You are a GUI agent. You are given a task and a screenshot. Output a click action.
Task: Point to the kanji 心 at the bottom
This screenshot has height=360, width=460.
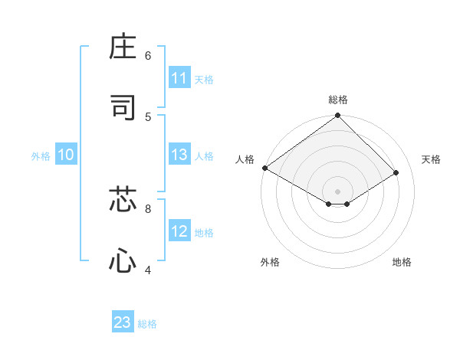[x=123, y=260]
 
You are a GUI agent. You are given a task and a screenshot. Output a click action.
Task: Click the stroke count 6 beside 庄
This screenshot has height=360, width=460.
[x=148, y=56]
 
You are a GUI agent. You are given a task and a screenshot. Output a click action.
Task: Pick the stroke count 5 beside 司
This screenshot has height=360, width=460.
[x=148, y=116]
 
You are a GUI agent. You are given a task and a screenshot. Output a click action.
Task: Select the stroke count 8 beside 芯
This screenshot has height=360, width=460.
[x=148, y=208]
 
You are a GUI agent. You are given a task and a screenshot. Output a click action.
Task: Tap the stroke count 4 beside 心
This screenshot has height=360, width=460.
[x=148, y=269]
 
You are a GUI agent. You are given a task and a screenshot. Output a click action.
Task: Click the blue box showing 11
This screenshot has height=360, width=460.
[x=179, y=78]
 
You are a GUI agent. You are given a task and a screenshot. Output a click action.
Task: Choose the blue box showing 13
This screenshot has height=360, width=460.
[x=179, y=155]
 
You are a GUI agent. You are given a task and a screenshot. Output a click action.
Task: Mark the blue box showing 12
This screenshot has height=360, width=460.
[x=179, y=231]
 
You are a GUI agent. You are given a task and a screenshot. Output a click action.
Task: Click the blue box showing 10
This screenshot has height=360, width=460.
[x=66, y=155]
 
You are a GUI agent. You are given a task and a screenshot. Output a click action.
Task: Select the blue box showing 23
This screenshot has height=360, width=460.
[x=123, y=322]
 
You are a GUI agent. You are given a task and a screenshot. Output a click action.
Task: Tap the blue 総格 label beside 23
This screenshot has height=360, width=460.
[x=147, y=324]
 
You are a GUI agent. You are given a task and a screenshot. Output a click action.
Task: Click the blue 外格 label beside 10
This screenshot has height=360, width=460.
[x=41, y=156]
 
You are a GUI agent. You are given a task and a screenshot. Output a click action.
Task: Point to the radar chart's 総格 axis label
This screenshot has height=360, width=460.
[x=338, y=100]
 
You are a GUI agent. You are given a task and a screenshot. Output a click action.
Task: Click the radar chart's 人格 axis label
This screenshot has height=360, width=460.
[x=245, y=159]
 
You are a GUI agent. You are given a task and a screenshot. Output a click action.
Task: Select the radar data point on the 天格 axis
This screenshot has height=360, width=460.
[x=396, y=172]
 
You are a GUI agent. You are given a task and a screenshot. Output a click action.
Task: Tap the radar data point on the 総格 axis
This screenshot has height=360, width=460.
[x=338, y=116]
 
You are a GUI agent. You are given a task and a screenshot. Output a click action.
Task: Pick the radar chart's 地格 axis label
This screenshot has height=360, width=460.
[x=402, y=262]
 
